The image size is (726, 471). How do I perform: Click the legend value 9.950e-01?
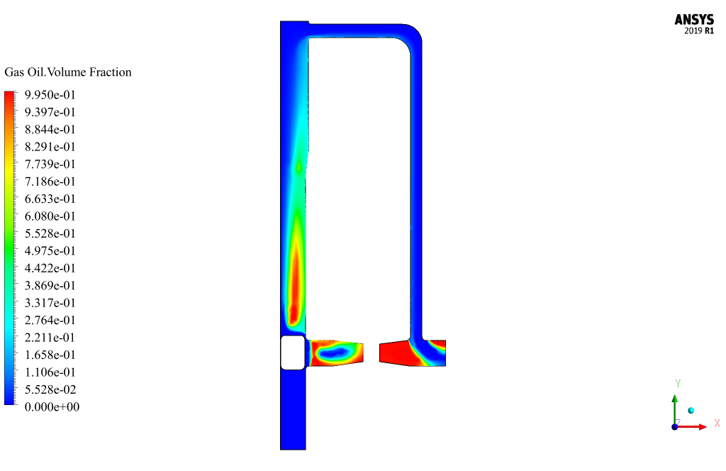pyautogui.click(x=50, y=95)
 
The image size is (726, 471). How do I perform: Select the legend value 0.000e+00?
pyautogui.click(x=52, y=407)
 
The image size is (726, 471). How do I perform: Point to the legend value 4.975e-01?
pyautogui.click(x=50, y=251)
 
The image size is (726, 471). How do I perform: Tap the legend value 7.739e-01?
pyautogui.click(x=50, y=165)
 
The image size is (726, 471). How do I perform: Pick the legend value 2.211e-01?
pyautogui.click(x=50, y=338)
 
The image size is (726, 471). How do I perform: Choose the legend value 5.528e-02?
pyautogui.click(x=50, y=389)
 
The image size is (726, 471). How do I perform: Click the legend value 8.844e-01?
pyautogui.click(x=50, y=130)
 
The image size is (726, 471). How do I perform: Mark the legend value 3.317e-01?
pyautogui.click(x=50, y=303)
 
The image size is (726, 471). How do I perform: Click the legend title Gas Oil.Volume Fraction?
pyautogui.click(x=68, y=72)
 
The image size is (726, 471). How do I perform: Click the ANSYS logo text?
pyautogui.click(x=694, y=19)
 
